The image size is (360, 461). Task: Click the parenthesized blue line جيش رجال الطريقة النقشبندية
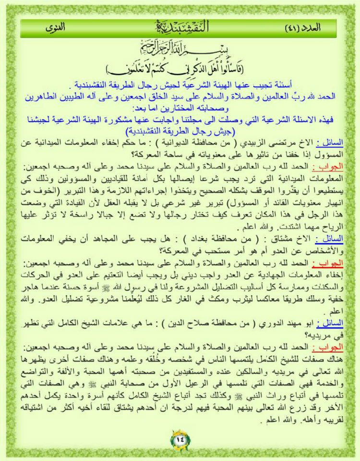point(180,131)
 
